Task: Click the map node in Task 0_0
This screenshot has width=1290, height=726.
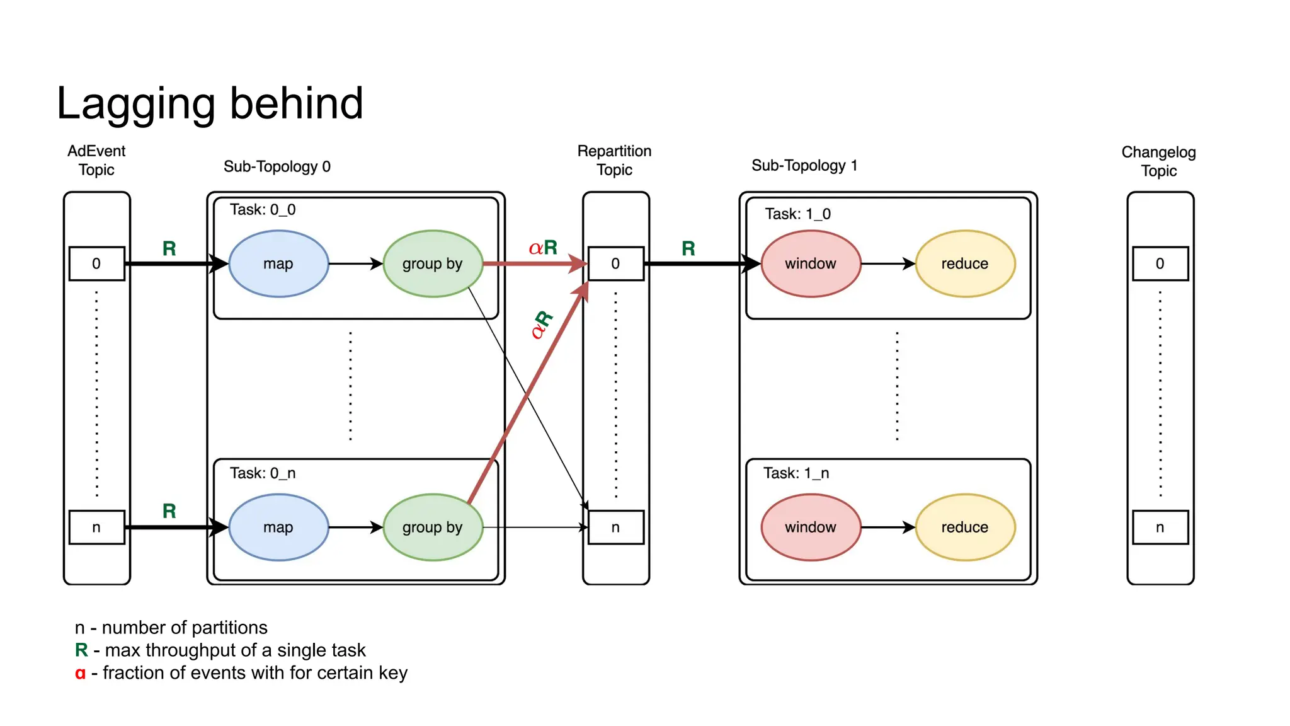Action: (x=278, y=263)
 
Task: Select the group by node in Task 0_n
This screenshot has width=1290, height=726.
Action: (x=433, y=527)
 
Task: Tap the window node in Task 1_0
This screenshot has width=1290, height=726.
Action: (x=810, y=263)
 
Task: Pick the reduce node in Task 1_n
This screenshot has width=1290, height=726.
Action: (x=964, y=527)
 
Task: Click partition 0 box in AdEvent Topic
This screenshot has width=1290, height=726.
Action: (x=96, y=263)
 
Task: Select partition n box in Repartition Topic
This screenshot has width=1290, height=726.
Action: (x=615, y=527)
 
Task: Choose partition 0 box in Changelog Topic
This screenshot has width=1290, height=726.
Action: (x=1160, y=263)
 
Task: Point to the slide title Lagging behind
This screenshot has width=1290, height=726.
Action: (x=210, y=103)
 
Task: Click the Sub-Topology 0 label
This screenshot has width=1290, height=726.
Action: (x=277, y=166)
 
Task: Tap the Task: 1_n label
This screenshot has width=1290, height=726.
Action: (x=796, y=473)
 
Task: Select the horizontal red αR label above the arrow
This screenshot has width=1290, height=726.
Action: (x=543, y=248)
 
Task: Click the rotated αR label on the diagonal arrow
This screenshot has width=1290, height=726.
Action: (x=541, y=325)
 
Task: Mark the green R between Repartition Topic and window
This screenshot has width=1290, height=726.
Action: (x=688, y=248)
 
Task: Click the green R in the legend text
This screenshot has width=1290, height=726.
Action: (x=81, y=650)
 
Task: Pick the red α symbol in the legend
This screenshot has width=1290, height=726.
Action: (x=80, y=673)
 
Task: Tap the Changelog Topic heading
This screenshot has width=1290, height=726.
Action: (x=1158, y=161)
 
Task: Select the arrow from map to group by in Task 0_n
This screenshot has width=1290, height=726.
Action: (x=355, y=527)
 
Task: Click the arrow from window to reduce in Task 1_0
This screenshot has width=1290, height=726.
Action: (x=888, y=263)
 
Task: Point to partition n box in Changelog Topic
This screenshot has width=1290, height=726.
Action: (x=1160, y=527)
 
